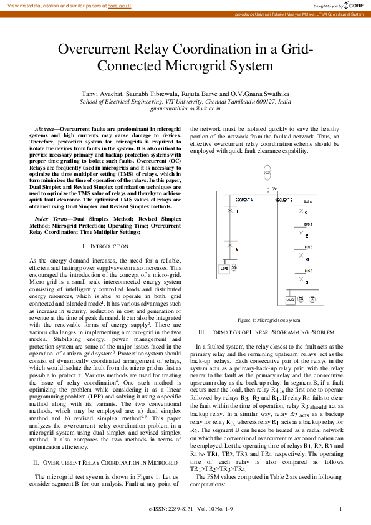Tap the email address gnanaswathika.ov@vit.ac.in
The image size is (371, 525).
[x=186, y=108]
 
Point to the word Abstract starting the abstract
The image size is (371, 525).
[x=46, y=127]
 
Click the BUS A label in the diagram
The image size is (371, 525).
[x=307, y=203]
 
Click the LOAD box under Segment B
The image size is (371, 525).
[x=289, y=299]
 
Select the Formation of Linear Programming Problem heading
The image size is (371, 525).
[x=266, y=332]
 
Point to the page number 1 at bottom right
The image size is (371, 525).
[x=340, y=509]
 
